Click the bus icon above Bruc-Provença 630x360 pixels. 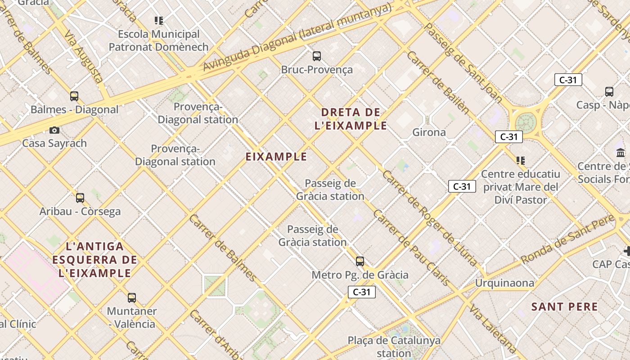click(x=317, y=56)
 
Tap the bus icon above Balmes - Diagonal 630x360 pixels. click(x=74, y=96)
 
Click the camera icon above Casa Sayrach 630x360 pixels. click(x=54, y=130)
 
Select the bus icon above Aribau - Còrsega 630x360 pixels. click(x=80, y=198)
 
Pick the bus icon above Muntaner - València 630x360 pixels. click(x=132, y=297)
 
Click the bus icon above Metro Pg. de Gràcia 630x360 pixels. click(x=360, y=261)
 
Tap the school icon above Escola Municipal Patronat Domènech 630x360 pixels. click(x=159, y=20)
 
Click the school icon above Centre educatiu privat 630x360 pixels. click(x=521, y=160)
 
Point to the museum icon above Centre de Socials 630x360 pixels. click(x=621, y=153)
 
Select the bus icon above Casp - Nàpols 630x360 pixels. click(x=609, y=92)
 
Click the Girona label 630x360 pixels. click(x=429, y=132)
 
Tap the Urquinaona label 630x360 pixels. click(x=505, y=283)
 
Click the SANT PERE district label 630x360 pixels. click(x=565, y=307)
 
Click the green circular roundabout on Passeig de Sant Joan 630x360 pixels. click(x=526, y=122)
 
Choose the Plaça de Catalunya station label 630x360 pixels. click(x=394, y=346)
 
